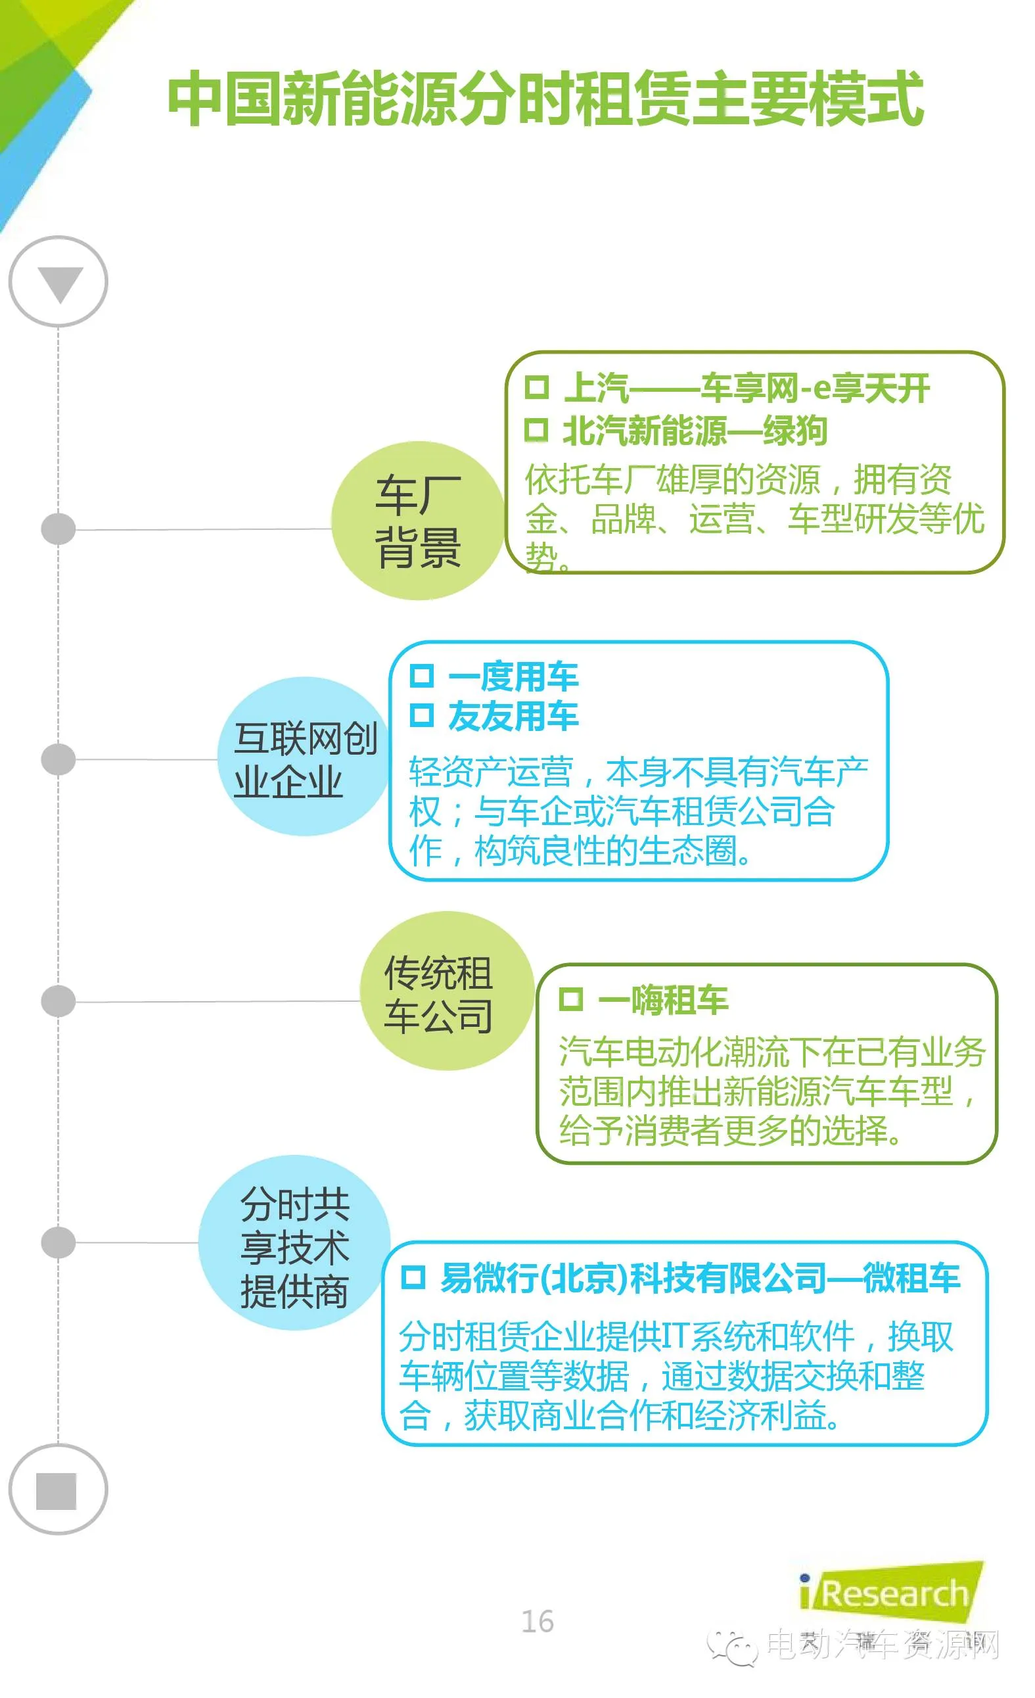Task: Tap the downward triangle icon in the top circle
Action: [x=60, y=283]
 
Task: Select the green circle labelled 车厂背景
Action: [x=417, y=521]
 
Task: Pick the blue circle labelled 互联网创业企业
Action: [x=304, y=757]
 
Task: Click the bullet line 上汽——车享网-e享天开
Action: [x=746, y=388]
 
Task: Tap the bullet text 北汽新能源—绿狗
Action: [x=694, y=431]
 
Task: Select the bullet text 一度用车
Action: [x=513, y=676]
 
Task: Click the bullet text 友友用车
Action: [x=513, y=716]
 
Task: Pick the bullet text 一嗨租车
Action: [x=662, y=1000]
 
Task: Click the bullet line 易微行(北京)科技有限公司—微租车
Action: [x=699, y=1279]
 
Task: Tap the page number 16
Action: [x=538, y=1622]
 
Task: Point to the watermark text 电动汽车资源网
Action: [x=882, y=1645]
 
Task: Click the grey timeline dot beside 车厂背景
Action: [x=58, y=529]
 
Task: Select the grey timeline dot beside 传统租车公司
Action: [x=58, y=1001]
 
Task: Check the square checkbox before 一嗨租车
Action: [x=570, y=999]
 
